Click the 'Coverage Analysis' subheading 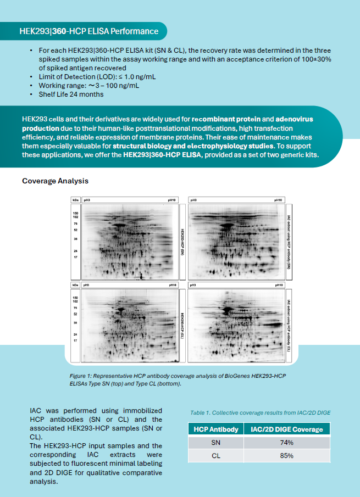point(55,181)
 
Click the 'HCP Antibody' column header point(215,429)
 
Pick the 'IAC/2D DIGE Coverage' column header point(286,429)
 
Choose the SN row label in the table point(215,443)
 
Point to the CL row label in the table point(215,456)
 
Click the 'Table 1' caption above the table point(260,412)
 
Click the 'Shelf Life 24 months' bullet point(71,94)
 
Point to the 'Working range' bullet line point(88,86)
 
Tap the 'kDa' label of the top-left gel point(75,200)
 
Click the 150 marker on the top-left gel point(75,212)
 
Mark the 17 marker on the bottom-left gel point(75,340)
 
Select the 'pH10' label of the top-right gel point(278,200)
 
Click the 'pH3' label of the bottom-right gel point(193,286)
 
